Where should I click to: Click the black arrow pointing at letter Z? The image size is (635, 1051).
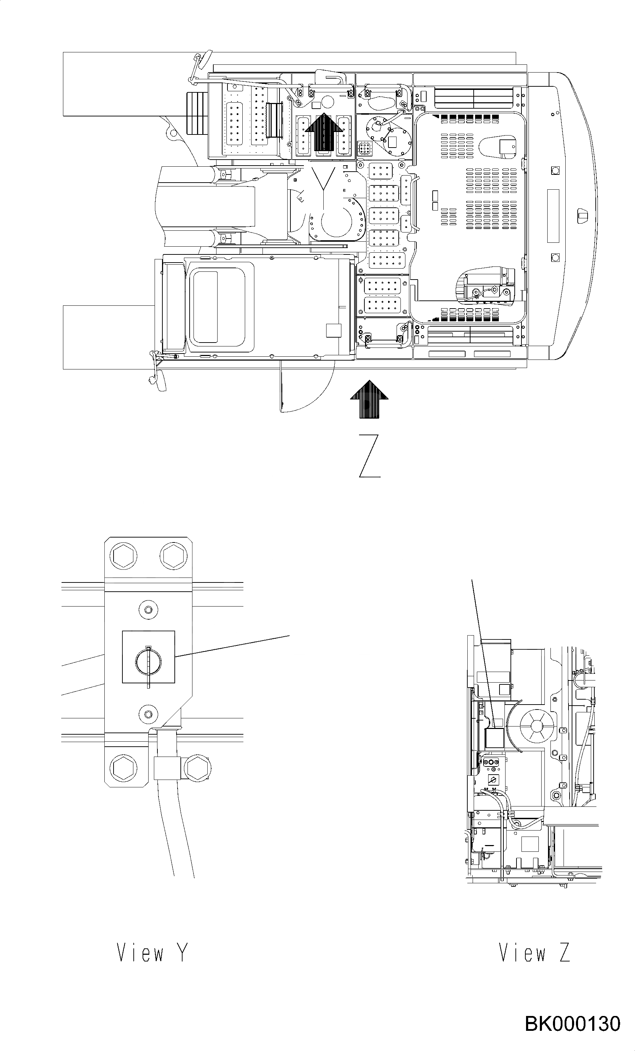pyautogui.click(x=369, y=399)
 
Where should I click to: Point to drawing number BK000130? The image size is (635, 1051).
pyautogui.click(x=572, y=1024)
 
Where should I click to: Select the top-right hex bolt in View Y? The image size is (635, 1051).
pyautogui.click(x=174, y=555)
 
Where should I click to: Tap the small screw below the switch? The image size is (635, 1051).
pyautogui.click(x=148, y=714)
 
